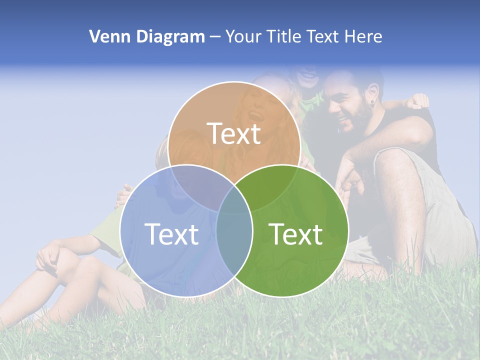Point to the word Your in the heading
[243, 36]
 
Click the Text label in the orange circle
[234, 133]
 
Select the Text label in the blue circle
[171, 234]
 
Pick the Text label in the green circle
[296, 234]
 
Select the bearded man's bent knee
[395, 160]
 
